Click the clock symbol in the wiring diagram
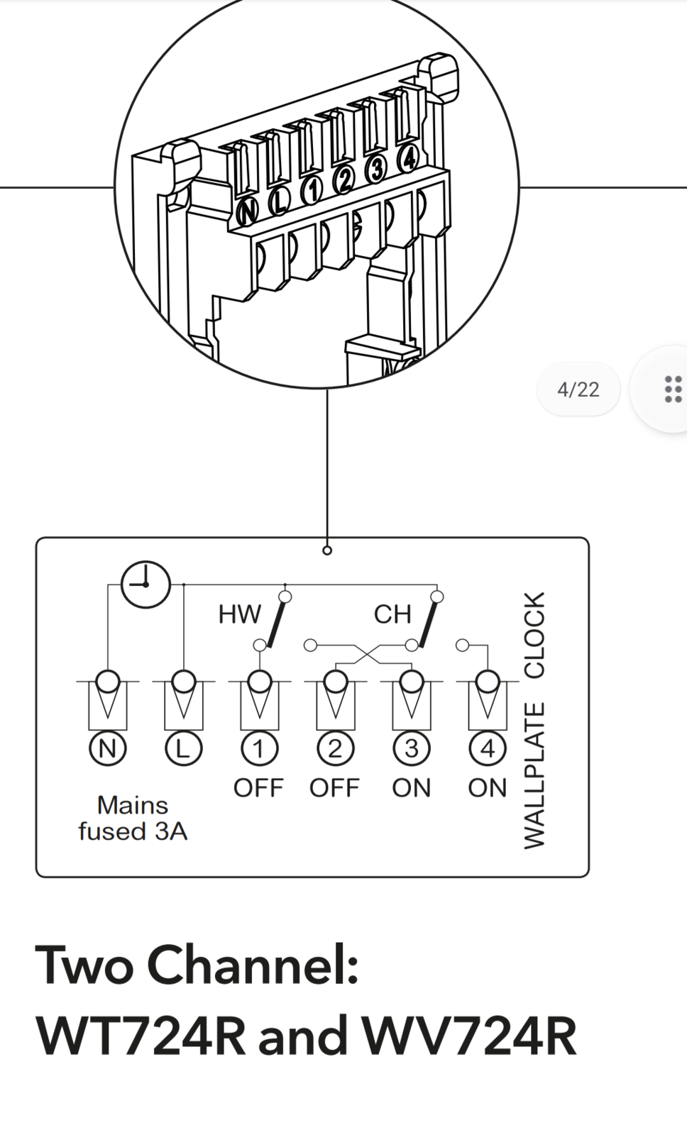145,585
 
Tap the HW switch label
240,614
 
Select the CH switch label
392,614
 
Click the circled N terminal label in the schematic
108,749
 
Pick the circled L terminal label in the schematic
183,749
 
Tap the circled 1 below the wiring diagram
259,749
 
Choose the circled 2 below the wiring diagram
335,749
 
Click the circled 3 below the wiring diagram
411,749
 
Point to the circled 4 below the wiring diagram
487,749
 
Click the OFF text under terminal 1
258,788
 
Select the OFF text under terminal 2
334,788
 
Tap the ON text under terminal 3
411,788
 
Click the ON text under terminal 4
487,788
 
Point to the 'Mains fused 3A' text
133,818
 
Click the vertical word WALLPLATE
534,775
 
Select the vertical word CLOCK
534,634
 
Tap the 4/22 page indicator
578,389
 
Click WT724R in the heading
141,1036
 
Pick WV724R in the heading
469,1036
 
